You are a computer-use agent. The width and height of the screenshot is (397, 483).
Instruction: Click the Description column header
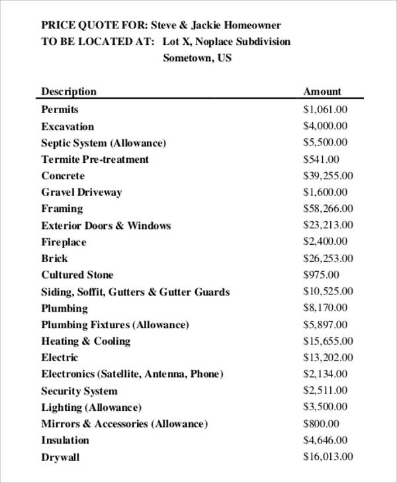(69, 92)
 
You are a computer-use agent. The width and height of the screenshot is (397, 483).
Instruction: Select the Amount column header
(322, 92)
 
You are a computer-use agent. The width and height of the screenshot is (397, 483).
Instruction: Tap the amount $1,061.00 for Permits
(325, 109)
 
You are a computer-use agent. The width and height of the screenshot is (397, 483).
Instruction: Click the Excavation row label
(67, 126)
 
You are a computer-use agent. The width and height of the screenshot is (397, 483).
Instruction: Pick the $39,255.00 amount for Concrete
(328, 175)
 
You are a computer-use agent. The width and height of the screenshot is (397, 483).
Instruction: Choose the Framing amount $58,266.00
(328, 208)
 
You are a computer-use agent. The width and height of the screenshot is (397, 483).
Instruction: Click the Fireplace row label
(64, 242)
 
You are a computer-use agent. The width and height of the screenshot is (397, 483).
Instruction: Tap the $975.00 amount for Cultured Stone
(321, 275)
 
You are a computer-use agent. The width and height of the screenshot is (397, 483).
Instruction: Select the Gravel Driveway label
(81, 193)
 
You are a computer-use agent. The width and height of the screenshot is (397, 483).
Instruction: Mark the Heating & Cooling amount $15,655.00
(328, 341)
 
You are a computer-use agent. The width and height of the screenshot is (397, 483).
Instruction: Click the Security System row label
(79, 391)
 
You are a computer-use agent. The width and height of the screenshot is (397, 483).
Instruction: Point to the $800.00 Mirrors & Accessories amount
(321, 423)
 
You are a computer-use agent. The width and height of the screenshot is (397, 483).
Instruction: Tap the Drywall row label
(60, 457)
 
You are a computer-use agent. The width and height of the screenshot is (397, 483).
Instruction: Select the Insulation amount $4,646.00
(325, 440)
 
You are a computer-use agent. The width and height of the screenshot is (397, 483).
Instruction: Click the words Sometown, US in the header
(197, 58)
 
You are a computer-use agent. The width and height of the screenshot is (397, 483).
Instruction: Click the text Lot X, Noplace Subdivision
(226, 42)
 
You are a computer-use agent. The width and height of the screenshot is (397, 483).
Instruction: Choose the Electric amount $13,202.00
(328, 357)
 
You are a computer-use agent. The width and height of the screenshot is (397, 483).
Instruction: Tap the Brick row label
(54, 259)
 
